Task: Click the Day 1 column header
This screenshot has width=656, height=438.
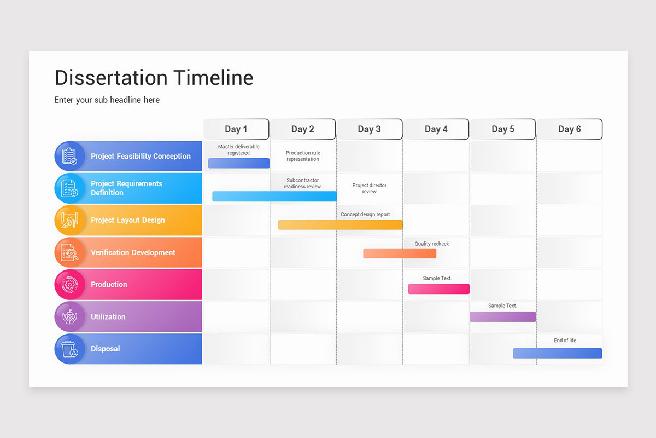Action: coord(236,129)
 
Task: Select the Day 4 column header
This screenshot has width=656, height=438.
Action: coord(436,129)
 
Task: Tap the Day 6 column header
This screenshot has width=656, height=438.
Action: coord(570,129)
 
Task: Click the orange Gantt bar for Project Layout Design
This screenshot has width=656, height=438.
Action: coord(340,224)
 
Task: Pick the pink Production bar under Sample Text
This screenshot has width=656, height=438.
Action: coord(438,289)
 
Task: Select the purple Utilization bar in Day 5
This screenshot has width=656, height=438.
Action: coord(503,316)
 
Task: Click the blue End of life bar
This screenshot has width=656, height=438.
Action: coord(557,353)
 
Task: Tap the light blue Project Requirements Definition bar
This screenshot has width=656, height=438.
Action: coord(274,196)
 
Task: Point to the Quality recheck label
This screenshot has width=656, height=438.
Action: coord(431,244)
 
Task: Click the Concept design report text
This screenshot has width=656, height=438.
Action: coord(365,214)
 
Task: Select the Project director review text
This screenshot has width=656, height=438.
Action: coord(370,188)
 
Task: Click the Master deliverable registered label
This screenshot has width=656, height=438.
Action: coord(238,149)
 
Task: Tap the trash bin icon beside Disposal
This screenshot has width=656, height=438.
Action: coord(69,349)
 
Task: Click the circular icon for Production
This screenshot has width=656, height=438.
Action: coord(69,284)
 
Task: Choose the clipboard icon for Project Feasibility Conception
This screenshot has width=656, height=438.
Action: coord(69,156)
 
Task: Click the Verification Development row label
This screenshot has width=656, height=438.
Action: coord(133,252)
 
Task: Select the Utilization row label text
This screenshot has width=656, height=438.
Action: coord(108,316)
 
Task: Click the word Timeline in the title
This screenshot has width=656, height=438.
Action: coord(213,78)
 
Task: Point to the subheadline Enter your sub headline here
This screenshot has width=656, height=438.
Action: coord(107,100)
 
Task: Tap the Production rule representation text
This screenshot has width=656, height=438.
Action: coord(303,156)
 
